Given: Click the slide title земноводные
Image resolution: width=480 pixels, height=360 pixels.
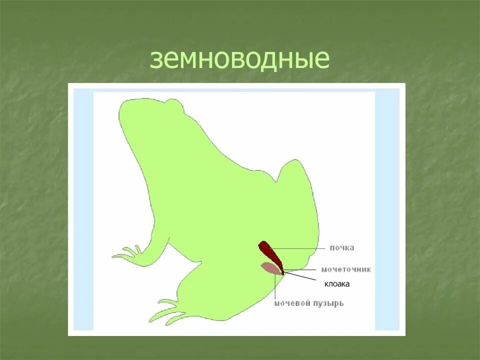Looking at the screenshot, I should click(239, 59).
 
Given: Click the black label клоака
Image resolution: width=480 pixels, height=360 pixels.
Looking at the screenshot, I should click(336, 284).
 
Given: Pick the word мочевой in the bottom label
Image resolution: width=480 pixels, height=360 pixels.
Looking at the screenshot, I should click(291, 303).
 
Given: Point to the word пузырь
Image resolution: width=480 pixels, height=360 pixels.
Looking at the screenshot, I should click(327, 303).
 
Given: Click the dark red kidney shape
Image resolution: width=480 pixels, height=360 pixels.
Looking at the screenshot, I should click(270, 253).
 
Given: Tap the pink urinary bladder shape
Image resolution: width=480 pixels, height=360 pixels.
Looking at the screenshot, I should click(270, 268).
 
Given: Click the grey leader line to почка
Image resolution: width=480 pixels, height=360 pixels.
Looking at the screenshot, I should click(300, 248).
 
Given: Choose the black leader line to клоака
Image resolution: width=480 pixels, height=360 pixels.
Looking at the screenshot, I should click(300, 276).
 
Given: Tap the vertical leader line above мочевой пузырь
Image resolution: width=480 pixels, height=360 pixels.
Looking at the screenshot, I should click(274, 287).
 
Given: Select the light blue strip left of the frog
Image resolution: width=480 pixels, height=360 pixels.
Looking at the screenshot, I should click(83, 210).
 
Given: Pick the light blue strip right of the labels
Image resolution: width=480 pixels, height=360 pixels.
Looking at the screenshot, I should click(387, 210).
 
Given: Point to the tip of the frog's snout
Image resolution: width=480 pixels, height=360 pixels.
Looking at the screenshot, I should click(120, 107).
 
